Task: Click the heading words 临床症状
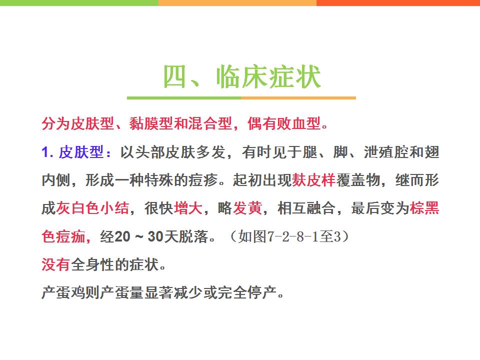point(268,76)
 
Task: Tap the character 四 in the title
point(175,76)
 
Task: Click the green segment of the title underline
point(184,98)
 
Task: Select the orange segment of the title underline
point(298,98)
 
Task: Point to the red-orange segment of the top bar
point(398,3)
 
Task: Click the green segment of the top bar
point(79,3)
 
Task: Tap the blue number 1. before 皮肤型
point(47,152)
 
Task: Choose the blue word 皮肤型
point(81,152)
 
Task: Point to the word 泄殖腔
point(386,152)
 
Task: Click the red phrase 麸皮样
point(314,180)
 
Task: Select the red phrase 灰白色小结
point(92,208)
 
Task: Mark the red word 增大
point(188,208)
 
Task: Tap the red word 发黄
point(247,208)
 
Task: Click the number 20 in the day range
point(122,236)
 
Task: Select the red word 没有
point(56,264)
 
